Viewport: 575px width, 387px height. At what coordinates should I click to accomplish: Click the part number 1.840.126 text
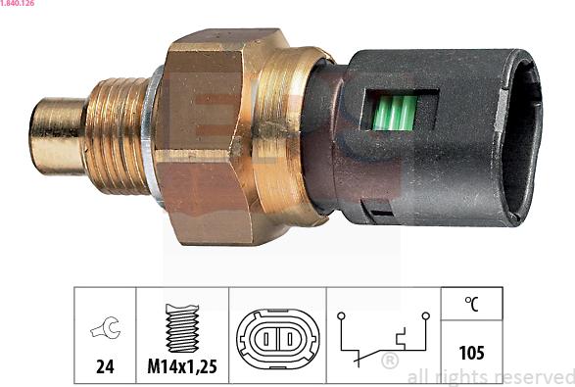18,3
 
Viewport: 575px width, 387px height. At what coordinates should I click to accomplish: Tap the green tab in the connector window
395,113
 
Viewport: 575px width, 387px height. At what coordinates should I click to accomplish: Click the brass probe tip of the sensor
58,136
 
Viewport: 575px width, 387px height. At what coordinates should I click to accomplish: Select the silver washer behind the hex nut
152,136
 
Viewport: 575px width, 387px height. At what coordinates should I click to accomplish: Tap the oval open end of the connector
521,137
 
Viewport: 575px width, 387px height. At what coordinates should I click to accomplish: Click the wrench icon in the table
105,327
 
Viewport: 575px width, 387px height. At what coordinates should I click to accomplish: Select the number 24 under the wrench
105,366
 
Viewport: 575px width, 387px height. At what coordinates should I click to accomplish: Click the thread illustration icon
182,327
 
